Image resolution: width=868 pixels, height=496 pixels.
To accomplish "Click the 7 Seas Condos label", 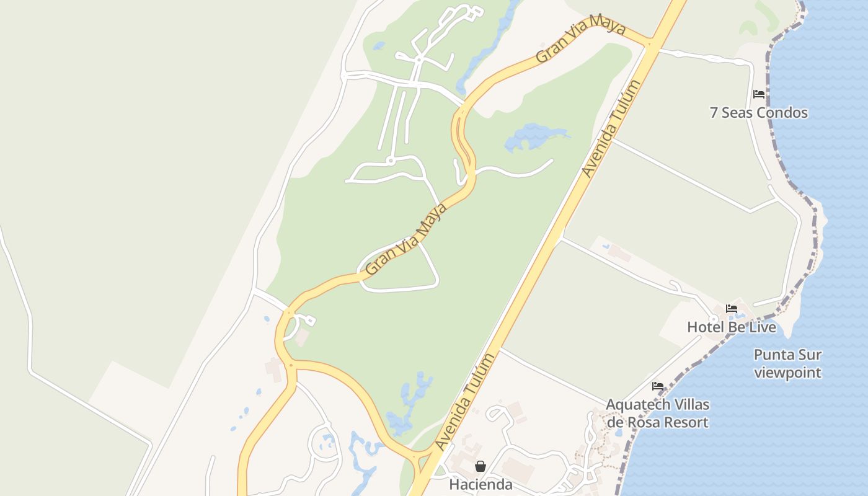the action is coord(758,113).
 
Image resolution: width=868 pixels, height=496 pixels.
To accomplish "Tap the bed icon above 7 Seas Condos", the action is coord(758,94).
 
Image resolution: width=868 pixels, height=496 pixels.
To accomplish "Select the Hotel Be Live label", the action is coord(731,327).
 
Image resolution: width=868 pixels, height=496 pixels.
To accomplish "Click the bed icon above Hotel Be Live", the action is coord(732,308).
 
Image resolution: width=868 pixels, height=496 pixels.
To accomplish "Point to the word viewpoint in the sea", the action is coord(787,373).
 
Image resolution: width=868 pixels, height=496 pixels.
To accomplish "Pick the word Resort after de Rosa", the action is coord(684,423).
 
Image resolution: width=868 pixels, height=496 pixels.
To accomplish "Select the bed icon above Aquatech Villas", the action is coord(658,386).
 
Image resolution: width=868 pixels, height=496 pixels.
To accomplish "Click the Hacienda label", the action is coord(480,485).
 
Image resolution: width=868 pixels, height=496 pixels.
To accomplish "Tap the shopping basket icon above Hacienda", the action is coord(480,466).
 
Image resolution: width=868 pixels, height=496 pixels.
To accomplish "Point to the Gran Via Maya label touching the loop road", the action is coord(406,239).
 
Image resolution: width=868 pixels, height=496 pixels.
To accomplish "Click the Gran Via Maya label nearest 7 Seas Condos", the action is coord(581,38).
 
